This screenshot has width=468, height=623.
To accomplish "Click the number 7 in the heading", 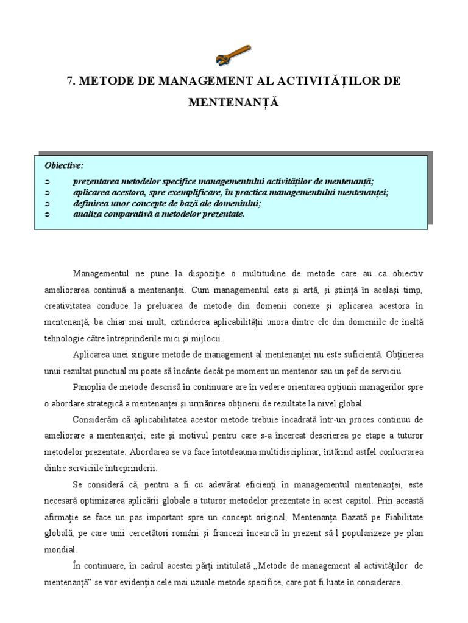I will (69, 81).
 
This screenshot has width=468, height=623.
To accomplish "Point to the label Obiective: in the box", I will (65, 165).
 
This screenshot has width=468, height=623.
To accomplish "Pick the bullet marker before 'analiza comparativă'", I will (48, 214).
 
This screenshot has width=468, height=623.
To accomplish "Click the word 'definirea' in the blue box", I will (90, 203).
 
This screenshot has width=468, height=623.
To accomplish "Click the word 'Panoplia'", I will (90, 387).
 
